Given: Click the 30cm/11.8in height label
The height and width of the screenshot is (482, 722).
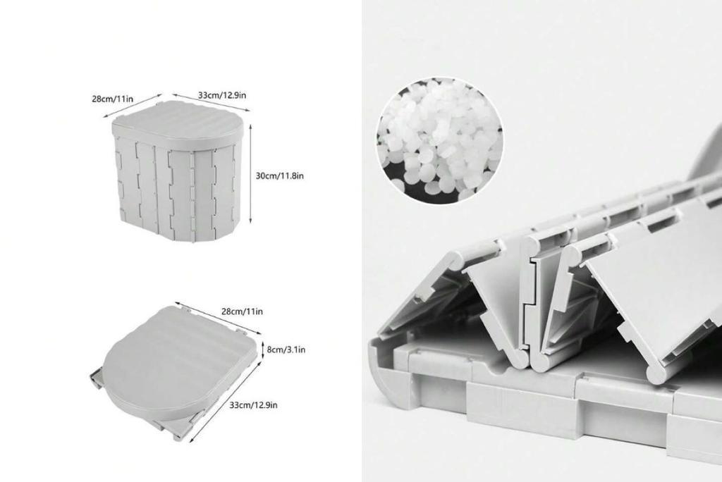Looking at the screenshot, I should click(280, 175).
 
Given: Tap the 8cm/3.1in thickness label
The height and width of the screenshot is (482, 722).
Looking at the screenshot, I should click(286, 349).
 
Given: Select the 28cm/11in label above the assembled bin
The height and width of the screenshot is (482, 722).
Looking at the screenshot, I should click(113, 99).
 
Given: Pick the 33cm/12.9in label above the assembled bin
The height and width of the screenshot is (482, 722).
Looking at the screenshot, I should click(222, 94).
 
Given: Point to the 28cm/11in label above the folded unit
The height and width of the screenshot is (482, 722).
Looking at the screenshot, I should click(242, 311).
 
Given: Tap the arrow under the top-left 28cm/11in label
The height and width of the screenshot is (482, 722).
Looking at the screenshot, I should click(133, 106).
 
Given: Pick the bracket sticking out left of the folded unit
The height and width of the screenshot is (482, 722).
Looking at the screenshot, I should click(93, 380).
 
